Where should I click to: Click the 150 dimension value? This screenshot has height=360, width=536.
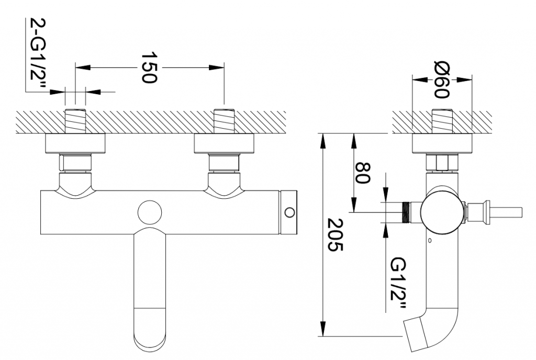[x=149, y=67]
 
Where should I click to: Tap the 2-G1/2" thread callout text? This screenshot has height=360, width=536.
[x=38, y=54]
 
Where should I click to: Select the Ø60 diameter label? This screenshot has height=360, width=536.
[x=442, y=80]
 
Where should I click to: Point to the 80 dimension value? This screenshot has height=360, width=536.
[x=362, y=173]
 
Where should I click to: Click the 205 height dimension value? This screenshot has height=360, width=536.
[x=335, y=234]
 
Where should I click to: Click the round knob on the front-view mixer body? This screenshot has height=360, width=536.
[x=150, y=212]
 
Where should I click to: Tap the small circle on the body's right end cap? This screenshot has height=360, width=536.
[x=289, y=212]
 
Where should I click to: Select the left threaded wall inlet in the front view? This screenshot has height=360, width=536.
[x=75, y=121]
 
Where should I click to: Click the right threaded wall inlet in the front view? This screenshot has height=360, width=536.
[x=224, y=121]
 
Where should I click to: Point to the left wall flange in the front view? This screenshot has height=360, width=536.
[x=75, y=143]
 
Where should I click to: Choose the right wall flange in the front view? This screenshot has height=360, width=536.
[x=224, y=143]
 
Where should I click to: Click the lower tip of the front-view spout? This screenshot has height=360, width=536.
[x=150, y=350]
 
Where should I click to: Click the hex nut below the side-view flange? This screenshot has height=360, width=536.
[x=442, y=162]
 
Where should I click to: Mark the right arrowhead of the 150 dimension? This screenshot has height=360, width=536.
[x=217, y=67]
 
